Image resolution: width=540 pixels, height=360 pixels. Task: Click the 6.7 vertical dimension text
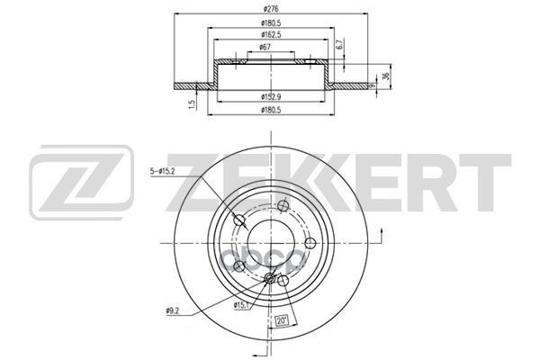[x=338, y=43]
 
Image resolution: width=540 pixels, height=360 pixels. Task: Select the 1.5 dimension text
[x=193, y=103]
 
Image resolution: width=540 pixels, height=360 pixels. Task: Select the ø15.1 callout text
[x=240, y=305]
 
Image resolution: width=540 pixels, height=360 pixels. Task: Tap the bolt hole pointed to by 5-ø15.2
[x=239, y=220]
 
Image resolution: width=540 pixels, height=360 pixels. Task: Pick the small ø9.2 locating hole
[x=270, y=279]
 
